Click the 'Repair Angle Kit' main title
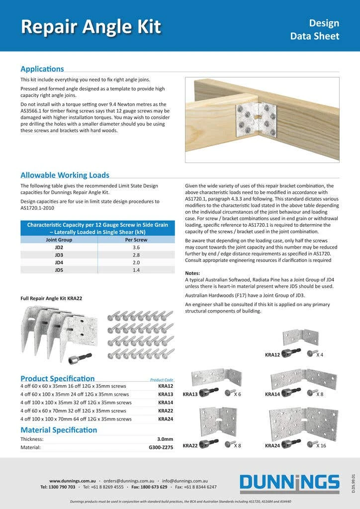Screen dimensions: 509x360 tap(90, 26)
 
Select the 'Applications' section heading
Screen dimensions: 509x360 tap(42, 69)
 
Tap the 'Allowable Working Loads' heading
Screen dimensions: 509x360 tap(65, 175)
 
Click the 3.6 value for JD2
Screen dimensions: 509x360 tap(136, 247)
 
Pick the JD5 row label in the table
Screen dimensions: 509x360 tap(59, 270)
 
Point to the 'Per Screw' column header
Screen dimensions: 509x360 tap(136, 239)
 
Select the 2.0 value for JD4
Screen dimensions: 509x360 tap(136, 262)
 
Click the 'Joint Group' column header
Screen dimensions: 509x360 tap(59, 239)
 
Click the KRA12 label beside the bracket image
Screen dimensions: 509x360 tap(272, 355)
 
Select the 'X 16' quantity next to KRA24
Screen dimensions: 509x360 tap(321, 446)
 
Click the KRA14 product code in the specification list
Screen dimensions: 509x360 tap(166, 403)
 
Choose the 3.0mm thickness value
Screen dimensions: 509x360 tap(165, 439)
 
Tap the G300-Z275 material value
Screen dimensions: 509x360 tap(161, 447)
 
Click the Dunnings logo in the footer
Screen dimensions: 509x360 tap(289, 484)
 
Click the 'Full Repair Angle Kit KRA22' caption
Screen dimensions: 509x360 tap(51, 298)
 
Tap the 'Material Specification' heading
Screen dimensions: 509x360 tap(59, 430)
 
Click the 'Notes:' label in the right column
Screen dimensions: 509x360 tap(192, 273)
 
